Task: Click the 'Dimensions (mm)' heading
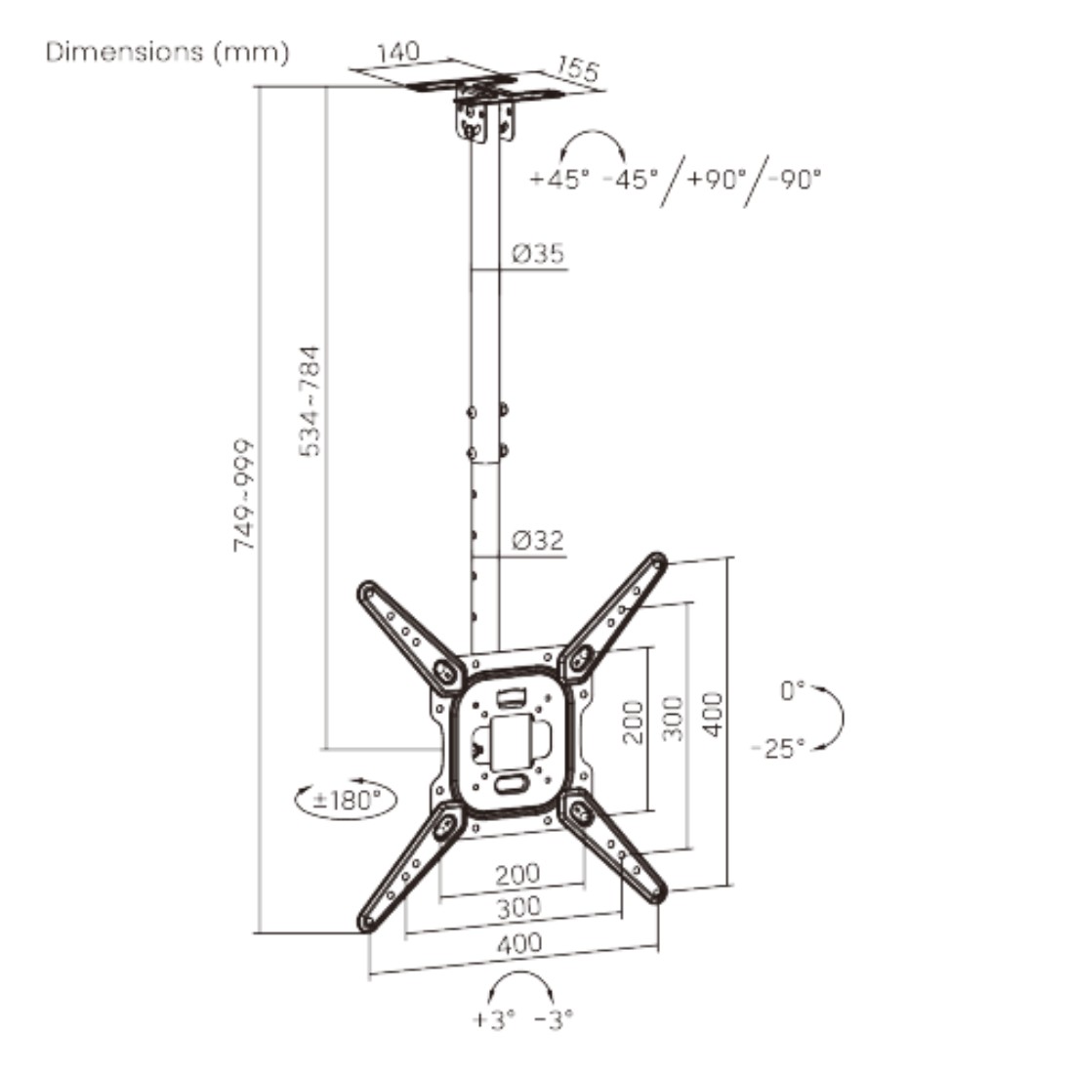pos(167,52)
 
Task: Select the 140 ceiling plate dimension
pos(398,52)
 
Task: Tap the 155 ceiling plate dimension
pos(577,68)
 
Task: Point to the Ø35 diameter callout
pos(538,254)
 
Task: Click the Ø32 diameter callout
pos(538,541)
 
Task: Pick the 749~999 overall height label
pos(243,496)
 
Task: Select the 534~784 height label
pos(310,401)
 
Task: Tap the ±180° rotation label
pos(347,800)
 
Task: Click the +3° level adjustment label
pos(494,1019)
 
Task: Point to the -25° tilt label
pos(778,748)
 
